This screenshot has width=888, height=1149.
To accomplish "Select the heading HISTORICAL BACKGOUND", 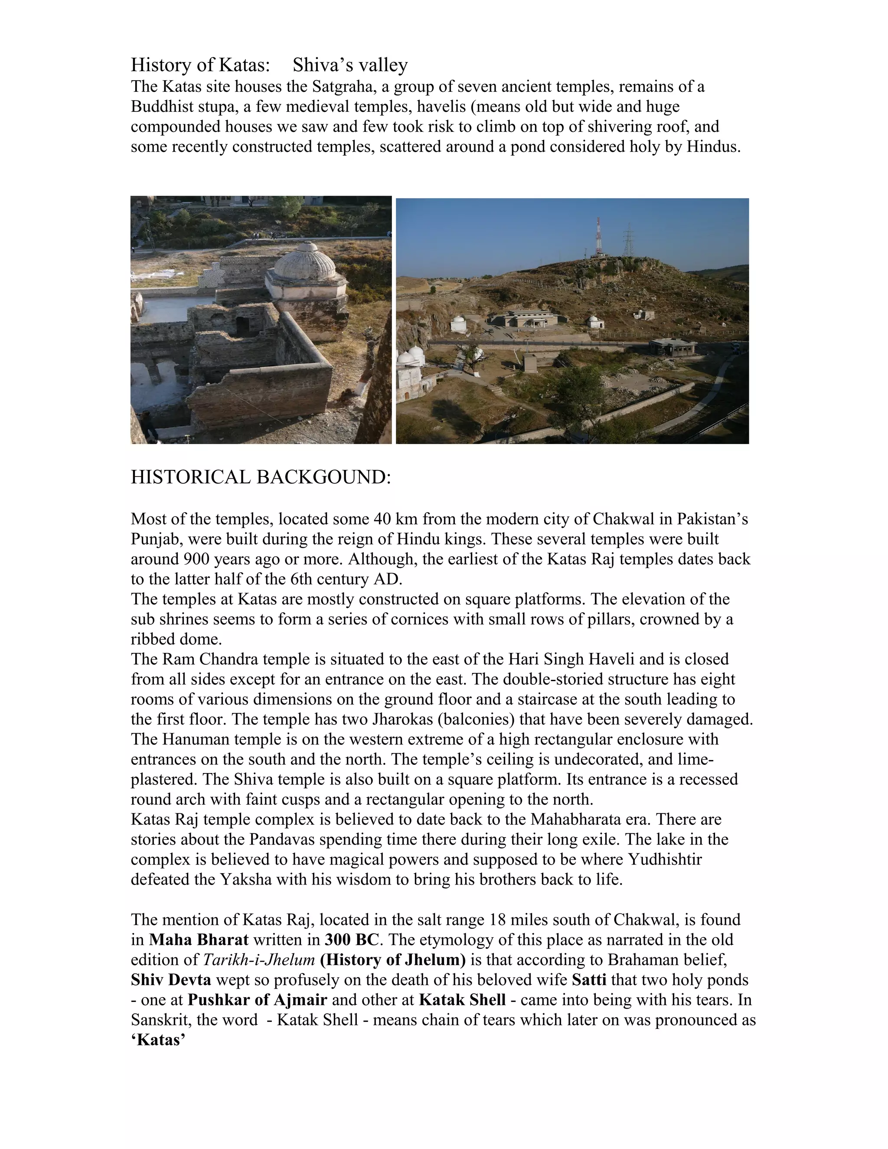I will (x=261, y=477).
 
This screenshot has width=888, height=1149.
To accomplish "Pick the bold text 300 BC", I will (x=351, y=939).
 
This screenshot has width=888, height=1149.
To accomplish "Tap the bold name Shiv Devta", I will (x=171, y=979).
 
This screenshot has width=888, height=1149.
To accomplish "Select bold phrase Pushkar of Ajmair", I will (x=257, y=999).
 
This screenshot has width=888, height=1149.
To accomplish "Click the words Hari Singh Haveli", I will (x=567, y=659).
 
